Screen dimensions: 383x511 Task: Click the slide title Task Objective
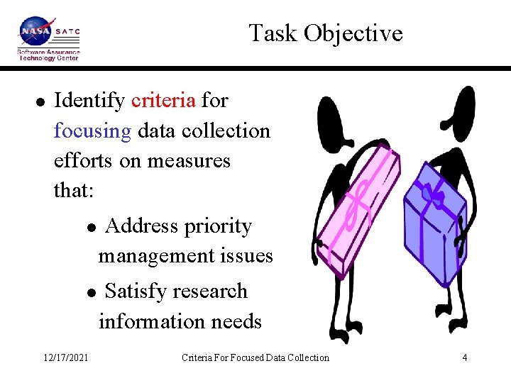(x=326, y=33)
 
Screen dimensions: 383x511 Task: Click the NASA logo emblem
(x=35, y=33)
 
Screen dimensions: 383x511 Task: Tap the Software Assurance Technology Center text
(x=48, y=55)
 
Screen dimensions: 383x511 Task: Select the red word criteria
(x=163, y=101)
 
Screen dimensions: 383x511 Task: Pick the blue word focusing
(x=92, y=131)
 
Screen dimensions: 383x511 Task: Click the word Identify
(x=89, y=101)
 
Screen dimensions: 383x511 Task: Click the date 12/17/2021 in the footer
(x=65, y=357)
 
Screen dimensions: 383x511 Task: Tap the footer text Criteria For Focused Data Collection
(x=255, y=357)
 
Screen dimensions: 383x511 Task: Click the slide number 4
(x=464, y=357)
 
